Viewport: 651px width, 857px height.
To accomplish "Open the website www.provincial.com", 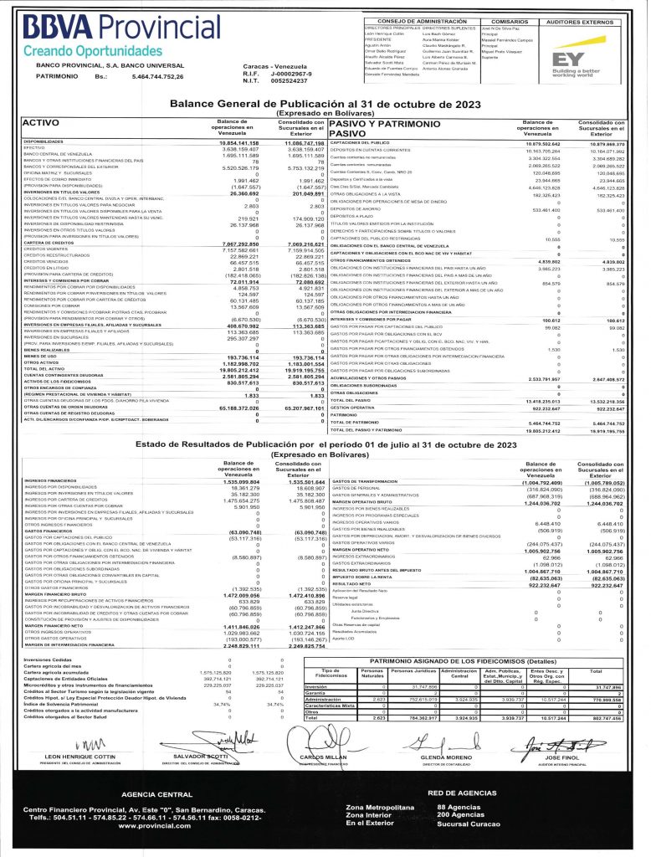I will [x=151, y=825].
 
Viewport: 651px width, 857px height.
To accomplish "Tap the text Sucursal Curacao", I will [x=467, y=824].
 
